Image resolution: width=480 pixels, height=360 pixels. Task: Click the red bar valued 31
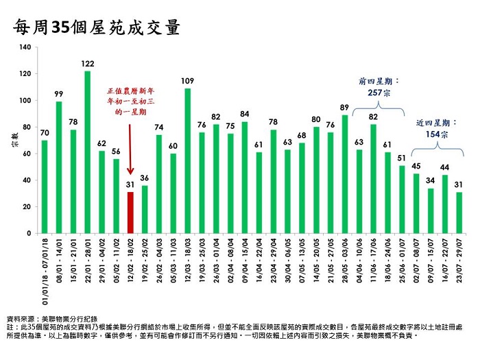[x=131, y=213]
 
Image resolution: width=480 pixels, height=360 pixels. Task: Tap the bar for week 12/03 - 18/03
[x=188, y=161]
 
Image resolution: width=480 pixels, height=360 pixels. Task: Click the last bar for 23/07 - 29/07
[x=459, y=213]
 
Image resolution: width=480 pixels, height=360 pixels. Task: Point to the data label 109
[x=188, y=81]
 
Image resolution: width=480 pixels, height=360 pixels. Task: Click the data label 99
[x=59, y=94]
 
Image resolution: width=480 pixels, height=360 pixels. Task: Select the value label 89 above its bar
[x=344, y=107]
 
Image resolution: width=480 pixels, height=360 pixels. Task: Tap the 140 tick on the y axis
[x=26, y=47]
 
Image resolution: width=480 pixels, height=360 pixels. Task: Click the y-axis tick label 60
[x=27, y=154]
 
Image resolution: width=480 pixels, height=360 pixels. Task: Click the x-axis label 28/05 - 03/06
[x=345, y=272]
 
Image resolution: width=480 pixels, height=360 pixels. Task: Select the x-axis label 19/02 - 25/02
[x=145, y=272]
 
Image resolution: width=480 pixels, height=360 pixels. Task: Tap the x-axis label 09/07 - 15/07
[x=431, y=272]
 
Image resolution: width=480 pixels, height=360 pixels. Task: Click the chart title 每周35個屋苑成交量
[x=96, y=27]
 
